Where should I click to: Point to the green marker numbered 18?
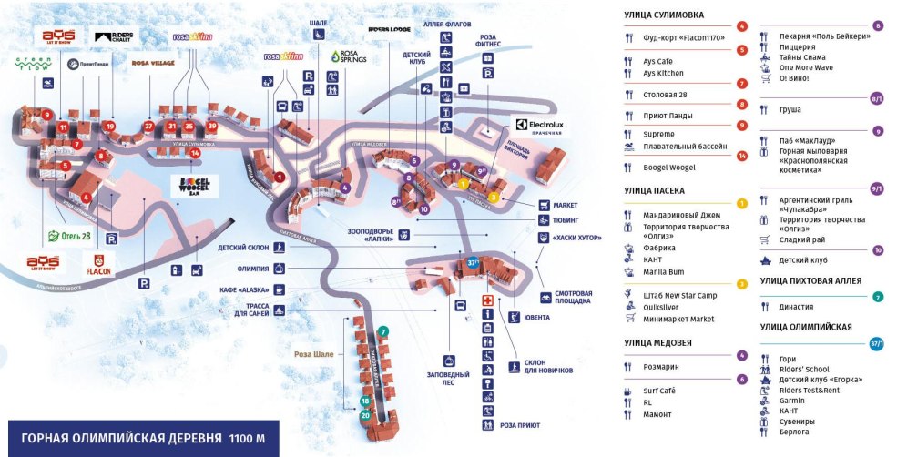(x=364, y=401)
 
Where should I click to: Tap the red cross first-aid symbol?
(x=487, y=301)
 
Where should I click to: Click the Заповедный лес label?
(x=447, y=376)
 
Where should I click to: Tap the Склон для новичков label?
(x=547, y=370)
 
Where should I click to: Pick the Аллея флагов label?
(x=446, y=24)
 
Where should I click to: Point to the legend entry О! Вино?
(x=795, y=78)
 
